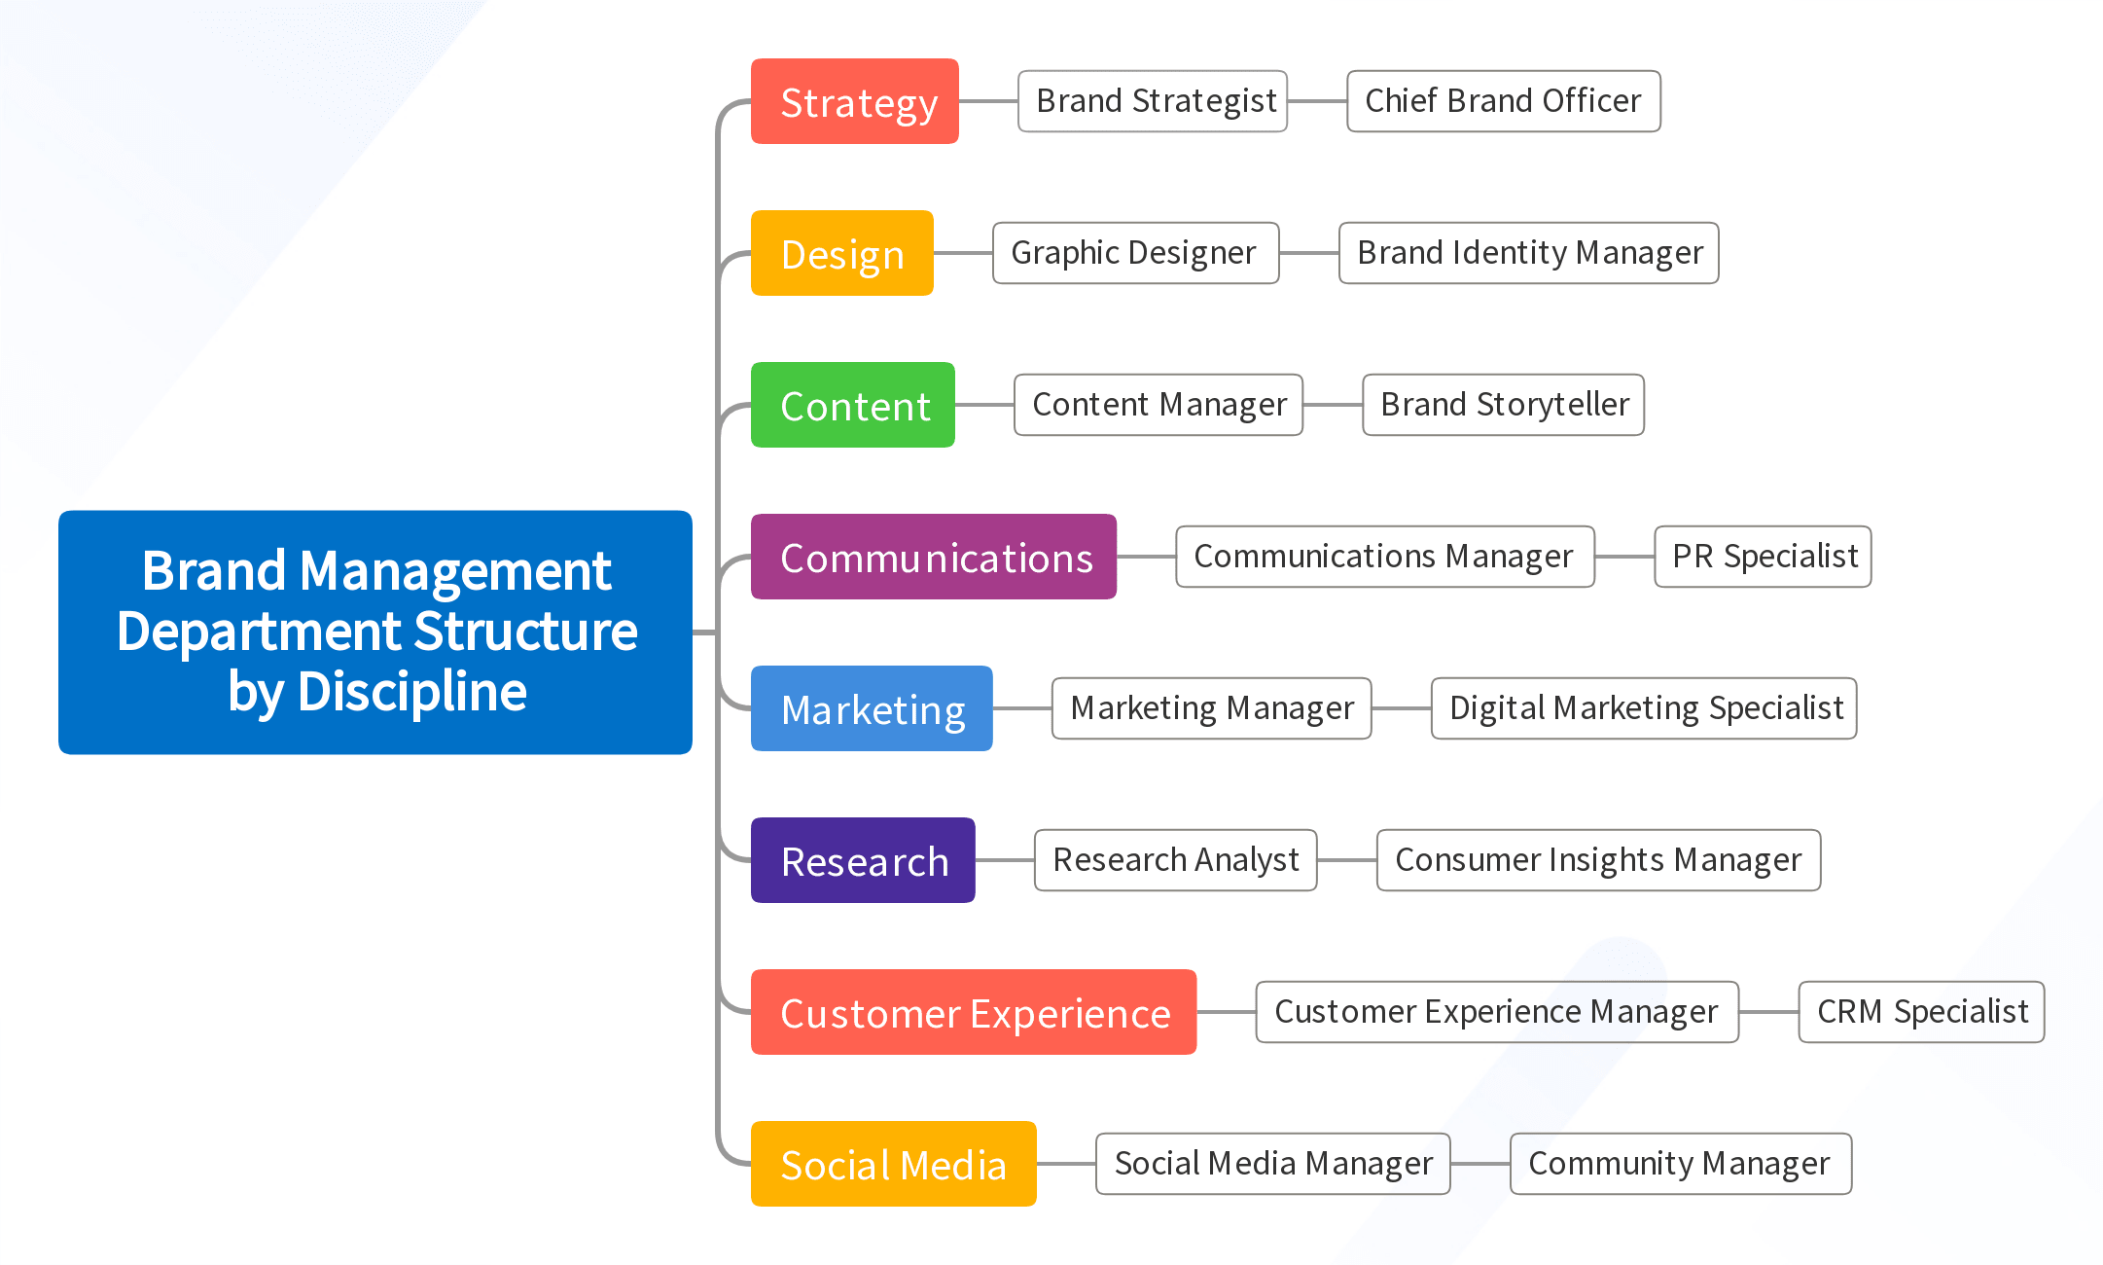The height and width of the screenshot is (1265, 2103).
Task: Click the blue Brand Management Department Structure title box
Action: point(375,632)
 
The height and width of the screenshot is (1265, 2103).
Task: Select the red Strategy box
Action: point(854,101)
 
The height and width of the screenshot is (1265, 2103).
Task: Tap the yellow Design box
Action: point(841,253)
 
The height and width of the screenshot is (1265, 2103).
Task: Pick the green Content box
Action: point(852,405)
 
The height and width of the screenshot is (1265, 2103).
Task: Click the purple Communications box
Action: point(933,557)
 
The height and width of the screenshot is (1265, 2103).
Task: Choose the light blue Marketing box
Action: point(871,708)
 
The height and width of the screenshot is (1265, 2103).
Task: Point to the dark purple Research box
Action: point(862,860)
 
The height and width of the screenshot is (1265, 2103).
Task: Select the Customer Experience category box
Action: point(973,1012)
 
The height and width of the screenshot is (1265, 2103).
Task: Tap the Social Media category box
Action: point(893,1164)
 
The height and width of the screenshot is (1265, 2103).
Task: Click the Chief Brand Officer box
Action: point(1503,101)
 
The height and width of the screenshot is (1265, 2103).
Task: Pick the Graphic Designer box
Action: point(1135,253)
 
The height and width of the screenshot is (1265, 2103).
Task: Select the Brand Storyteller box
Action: point(1503,405)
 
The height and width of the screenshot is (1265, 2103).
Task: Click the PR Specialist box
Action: point(1763,557)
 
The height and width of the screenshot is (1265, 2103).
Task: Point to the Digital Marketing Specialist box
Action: point(1644,708)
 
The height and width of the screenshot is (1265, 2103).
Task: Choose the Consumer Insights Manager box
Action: point(1598,860)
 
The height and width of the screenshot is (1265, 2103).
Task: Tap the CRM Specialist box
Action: point(1921,1012)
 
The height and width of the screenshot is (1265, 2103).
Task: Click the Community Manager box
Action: point(1680,1164)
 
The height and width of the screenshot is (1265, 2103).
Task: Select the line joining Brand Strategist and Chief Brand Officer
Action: point(1317,101)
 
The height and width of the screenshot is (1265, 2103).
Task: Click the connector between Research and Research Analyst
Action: point(1005,860)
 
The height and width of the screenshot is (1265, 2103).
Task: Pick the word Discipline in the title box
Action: point(412,692)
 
